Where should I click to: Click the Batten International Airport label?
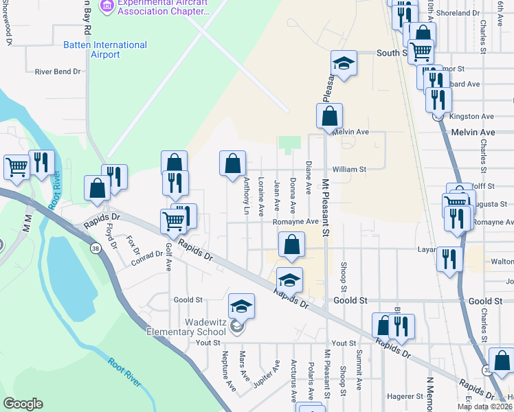(104, 49)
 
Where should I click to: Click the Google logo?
(23, 404)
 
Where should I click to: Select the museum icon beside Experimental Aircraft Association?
(107, 7)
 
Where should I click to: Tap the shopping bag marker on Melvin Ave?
(329, 116)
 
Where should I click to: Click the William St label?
(349, 168)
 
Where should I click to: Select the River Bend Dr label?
(58, 71)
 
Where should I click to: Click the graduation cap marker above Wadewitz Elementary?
(241, 306)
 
